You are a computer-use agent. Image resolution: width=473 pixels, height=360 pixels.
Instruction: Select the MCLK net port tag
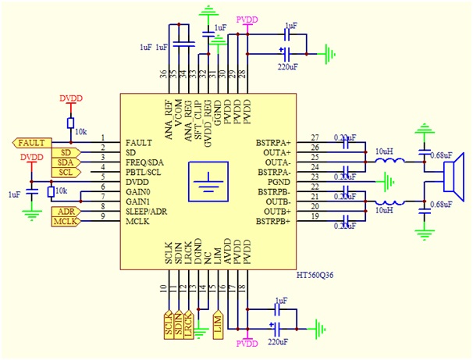pos(65,223)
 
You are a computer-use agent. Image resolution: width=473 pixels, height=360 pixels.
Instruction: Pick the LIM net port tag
pos(218,323)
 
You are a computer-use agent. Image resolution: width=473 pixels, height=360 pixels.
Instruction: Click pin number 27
pos(315,138)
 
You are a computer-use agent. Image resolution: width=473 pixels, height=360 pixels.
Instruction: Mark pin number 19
pos(315,216)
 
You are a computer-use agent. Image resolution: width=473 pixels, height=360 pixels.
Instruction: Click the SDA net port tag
pos(65,162)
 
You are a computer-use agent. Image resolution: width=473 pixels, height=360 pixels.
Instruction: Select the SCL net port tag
pos(65,172)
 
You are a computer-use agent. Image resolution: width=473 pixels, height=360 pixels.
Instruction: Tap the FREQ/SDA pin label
pos(147,162)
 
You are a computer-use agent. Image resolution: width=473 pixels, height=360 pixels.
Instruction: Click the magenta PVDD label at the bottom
pos(247,344)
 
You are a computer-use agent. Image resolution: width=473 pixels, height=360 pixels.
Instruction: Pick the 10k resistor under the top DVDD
pos(70,123)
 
